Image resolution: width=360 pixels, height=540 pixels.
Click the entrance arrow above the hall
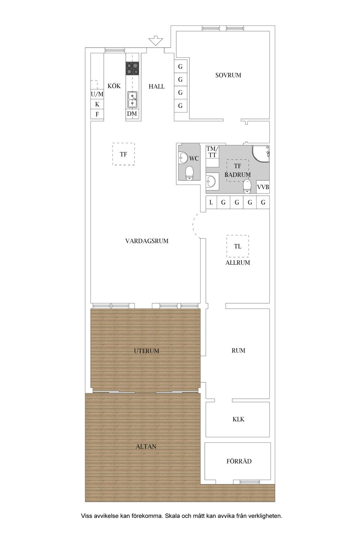tap(156, 40)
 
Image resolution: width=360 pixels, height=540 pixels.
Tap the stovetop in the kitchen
tap(132, 69)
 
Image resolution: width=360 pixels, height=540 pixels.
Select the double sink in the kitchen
tap(132, 99)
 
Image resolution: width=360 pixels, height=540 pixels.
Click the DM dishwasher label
tap(132, 114)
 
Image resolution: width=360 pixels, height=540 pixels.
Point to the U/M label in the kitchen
tap(97, 94)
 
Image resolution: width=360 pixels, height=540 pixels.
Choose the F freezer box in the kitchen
tap(97, 114)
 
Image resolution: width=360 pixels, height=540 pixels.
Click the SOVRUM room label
tap(228, 75)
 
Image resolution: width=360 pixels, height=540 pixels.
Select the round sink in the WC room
tap(183, 158)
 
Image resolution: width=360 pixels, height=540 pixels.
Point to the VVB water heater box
tap(263, 187)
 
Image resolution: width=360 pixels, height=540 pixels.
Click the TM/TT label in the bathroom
tap(212, 152)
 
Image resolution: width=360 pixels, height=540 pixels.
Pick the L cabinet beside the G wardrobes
tap(211, 202)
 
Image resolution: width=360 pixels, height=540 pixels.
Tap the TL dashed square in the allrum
tap(237, 246)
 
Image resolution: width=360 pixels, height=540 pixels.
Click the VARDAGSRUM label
tap(147, 241)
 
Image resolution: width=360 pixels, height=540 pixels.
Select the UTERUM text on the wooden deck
tap(146, 351)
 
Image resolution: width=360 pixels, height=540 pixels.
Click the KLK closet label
tap(238, 419)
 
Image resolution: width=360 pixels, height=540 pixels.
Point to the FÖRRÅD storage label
tap(239, 461)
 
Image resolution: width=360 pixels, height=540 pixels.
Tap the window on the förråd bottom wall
tap(250, 482)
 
